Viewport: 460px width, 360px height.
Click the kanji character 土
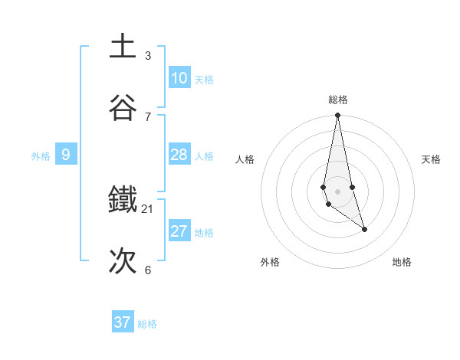pos(123,47)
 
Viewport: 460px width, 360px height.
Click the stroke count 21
pos(148,209)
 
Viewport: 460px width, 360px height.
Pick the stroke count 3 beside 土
pos(148,56)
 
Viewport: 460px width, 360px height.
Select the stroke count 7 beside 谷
pos(148,116)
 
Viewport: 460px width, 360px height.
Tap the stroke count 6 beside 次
pos(148,270)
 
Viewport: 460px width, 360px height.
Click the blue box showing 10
pos(179,78)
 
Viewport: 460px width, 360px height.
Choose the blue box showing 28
pos(179,155)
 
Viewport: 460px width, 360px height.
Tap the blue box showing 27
pos(179,231)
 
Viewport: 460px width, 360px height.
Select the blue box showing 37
pos(123,322)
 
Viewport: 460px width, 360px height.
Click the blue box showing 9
pos(66,155)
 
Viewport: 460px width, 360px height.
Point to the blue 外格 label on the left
pos(41,156)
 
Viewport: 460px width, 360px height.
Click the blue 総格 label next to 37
pos(147,324)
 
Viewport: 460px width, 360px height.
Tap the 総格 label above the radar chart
pos(338,100)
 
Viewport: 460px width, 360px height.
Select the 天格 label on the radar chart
pos(431,159)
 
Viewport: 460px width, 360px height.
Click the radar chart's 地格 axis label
pos(402,263)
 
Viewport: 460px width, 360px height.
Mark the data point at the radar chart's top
pos(338,116)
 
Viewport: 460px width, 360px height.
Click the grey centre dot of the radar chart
pos(338,191)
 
